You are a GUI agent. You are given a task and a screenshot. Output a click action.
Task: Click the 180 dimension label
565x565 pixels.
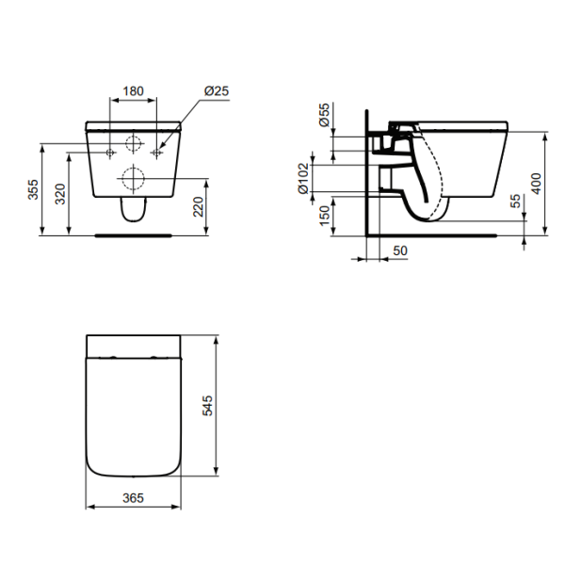coord(133,91)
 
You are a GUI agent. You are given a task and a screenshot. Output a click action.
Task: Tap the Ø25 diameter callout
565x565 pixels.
coord(217,91)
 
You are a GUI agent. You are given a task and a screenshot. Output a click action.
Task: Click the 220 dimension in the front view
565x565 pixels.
coord(199,206)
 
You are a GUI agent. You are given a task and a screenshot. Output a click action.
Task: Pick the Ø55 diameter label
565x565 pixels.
coord(323,117)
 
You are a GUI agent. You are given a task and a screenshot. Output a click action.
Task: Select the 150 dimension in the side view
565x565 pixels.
coord(323,216)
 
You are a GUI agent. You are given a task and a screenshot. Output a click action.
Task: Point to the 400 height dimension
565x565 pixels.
coord(536,183)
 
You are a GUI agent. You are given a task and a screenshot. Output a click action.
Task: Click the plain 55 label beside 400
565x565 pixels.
coord(513,202)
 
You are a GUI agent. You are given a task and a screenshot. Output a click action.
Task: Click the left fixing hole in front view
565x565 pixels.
coord(110,151)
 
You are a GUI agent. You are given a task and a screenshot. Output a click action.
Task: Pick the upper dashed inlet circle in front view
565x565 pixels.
coord(133,145)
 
